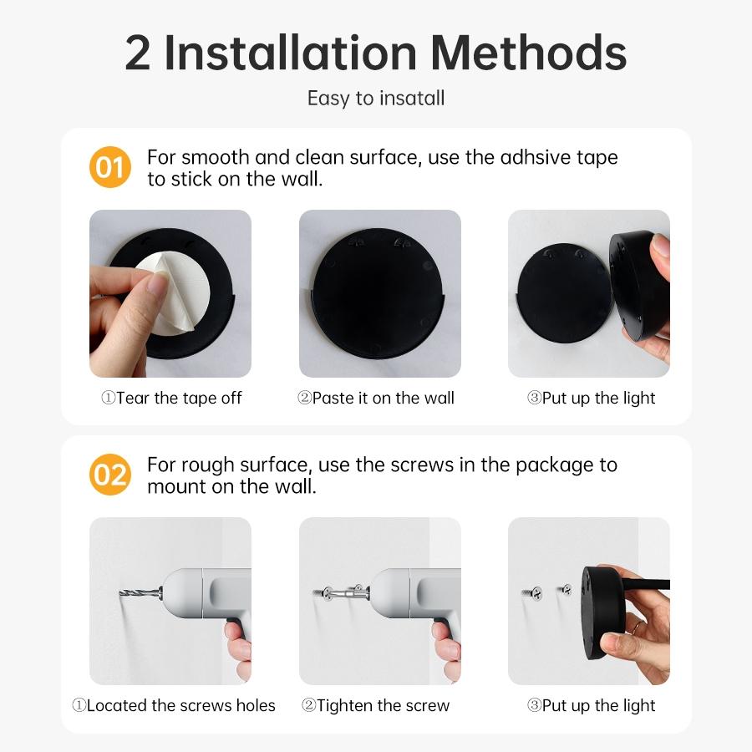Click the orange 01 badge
pyautogui.click(x=110, y=167)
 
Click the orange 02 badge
pyautogui.click(x=110, y=475)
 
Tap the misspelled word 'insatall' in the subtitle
pyautogui.click(x=411, y=98)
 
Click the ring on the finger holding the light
pyautogui.click(x=637, y=626)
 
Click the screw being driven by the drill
pyautogui.click(x=328, y=594)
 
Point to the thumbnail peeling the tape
pyautogui.click(x=170, y=293)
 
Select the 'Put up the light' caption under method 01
pyautogui.click(x=591, y=399)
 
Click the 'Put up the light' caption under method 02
pyautogui.click(x=591, y=706)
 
